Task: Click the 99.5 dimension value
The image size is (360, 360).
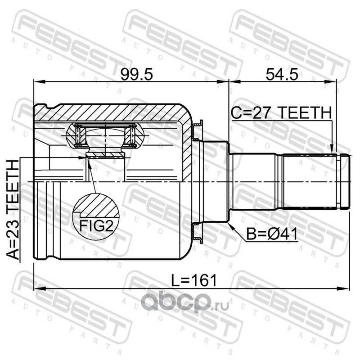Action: tap(137, 74)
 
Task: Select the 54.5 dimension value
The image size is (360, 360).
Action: tap(282, 74)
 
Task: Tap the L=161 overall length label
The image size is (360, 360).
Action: tap(194, 280)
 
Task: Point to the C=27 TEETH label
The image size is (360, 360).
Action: tap(282, 113)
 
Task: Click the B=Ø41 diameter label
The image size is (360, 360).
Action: tap(272, 234)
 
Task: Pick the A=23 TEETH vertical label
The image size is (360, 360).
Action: tap(13, 210)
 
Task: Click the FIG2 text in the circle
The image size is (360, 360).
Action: tap(96, 226)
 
